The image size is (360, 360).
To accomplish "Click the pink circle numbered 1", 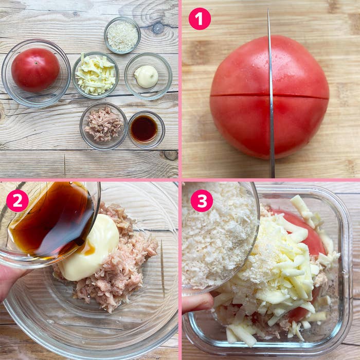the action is pos(200,19).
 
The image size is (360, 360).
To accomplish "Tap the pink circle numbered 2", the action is pos(17,201).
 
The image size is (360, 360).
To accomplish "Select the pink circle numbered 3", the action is pos(202,201).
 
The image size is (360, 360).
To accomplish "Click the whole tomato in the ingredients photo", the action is pos(35,70).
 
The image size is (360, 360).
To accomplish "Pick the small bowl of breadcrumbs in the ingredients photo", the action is pos(122,35).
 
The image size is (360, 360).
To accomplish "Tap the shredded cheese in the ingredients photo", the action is pos(96,74).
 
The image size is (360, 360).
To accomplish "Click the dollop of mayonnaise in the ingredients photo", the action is pos(146,76).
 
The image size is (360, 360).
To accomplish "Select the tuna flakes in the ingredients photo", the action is pos(103,124).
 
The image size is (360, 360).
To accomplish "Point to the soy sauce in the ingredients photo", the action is pos(144,129).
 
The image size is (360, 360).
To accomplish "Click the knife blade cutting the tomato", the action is pos(271,94).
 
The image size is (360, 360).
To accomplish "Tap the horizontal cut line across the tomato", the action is pos(269,95).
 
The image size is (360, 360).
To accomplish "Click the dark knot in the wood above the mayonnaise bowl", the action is pos(158,28).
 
